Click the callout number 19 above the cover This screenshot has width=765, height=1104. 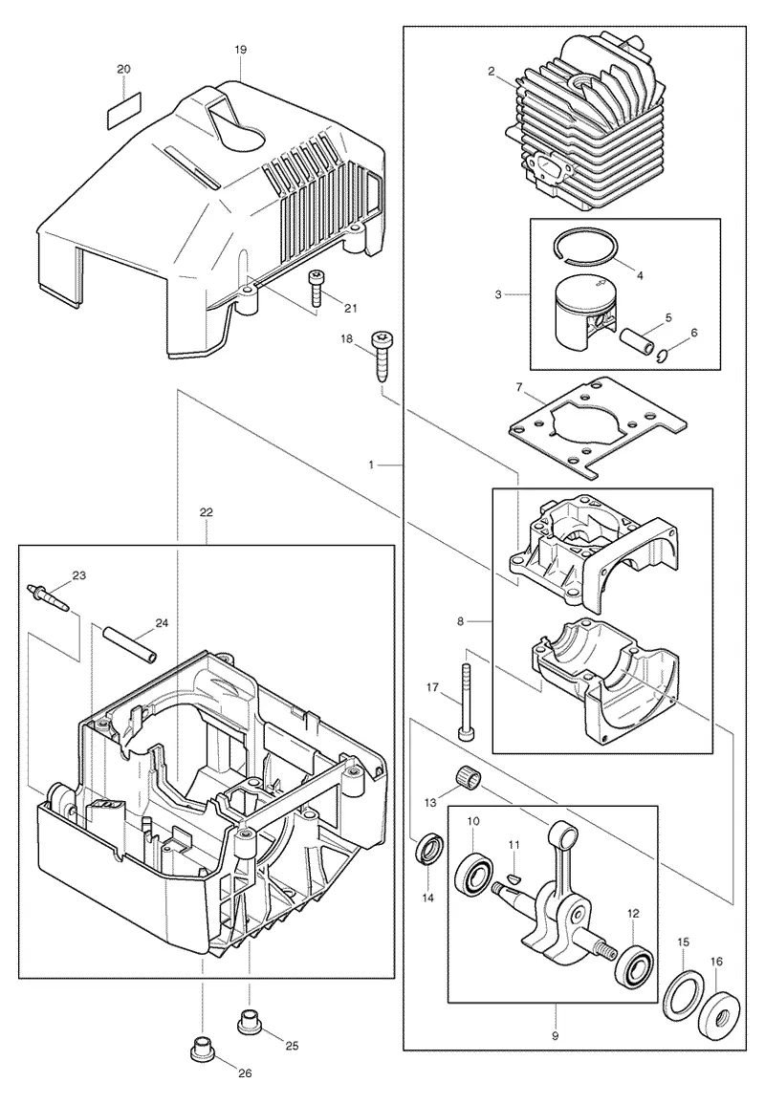coord(241,50)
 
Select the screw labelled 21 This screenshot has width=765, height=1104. coord(315,289)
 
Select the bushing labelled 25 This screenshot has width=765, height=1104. coord(250,1022)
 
